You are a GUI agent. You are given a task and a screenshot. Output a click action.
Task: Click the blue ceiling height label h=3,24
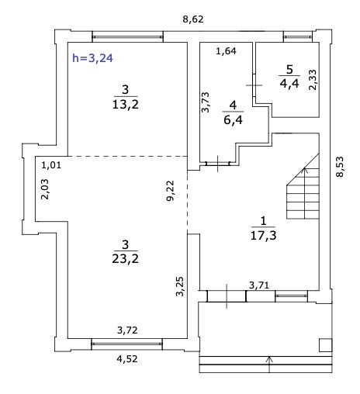(92, 58)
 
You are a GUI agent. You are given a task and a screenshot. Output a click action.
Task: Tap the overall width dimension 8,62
(193, 19)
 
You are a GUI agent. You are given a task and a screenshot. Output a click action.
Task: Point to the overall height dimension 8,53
(340, 167)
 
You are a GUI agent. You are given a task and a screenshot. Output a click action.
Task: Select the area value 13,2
(126, 105)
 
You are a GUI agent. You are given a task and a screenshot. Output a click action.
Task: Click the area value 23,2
(125, 258)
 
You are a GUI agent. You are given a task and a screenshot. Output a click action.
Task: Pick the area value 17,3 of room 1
(263, 236)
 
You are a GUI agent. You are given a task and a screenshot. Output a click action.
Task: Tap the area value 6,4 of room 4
(233, 120)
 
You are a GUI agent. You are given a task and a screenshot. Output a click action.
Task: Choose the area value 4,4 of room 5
(289, 84)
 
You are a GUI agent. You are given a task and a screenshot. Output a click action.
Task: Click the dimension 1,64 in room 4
(226, 51)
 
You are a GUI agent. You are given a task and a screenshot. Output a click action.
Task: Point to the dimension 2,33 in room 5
(313, 80)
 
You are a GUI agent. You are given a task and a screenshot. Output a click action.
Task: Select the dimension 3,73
(206, 102)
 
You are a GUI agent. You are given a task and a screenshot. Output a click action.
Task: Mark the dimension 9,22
(171, 191)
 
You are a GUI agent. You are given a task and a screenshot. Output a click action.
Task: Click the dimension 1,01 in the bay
(51, 165)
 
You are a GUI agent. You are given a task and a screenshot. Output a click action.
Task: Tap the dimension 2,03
(45, 189)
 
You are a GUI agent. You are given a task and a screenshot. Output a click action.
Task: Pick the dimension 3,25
(179, 286)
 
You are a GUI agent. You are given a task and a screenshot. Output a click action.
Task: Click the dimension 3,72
(127, 330)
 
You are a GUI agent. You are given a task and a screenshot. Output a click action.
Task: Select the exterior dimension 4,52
(127, 359)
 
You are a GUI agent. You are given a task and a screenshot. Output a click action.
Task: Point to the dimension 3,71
(259, 285)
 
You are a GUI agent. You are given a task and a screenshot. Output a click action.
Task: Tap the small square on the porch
(326, 345)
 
